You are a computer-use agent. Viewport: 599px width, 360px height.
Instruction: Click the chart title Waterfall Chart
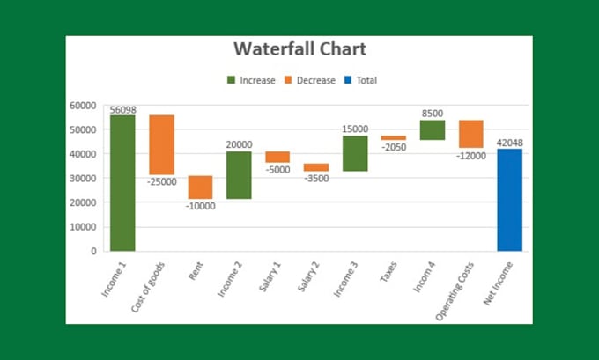coord(299,49)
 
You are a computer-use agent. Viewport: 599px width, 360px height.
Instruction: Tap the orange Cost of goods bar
coord(161,144)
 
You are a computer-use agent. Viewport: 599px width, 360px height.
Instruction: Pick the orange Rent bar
coord(200,187)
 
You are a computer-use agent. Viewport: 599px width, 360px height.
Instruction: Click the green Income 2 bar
coord(239,175)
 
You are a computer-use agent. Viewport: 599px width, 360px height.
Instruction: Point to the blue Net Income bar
coord(509,200)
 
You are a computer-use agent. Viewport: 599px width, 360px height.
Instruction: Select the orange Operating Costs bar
coord(470,134)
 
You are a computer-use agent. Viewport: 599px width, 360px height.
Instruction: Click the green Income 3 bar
coord(355,153)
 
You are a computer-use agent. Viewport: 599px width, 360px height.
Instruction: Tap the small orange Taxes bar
coord(393,137)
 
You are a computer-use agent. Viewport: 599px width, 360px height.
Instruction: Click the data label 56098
coord(122,109)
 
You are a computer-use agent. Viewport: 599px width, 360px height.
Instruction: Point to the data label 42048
coord(509,143)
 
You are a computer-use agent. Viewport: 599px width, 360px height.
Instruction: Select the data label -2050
coord(393,147)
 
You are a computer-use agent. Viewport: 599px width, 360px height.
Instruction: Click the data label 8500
coord(432,114)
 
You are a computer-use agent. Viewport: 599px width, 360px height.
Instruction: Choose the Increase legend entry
coord(250,80)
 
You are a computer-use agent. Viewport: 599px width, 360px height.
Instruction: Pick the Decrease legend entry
coord(308,80)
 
